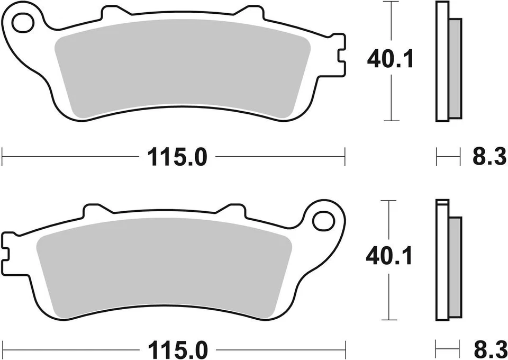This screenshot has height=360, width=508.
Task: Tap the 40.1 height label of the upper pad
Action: click(x=390, y=60)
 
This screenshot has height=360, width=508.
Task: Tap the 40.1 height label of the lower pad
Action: click(x=389, y=258)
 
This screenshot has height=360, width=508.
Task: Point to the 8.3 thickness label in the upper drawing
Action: click(x=488, y=157)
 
